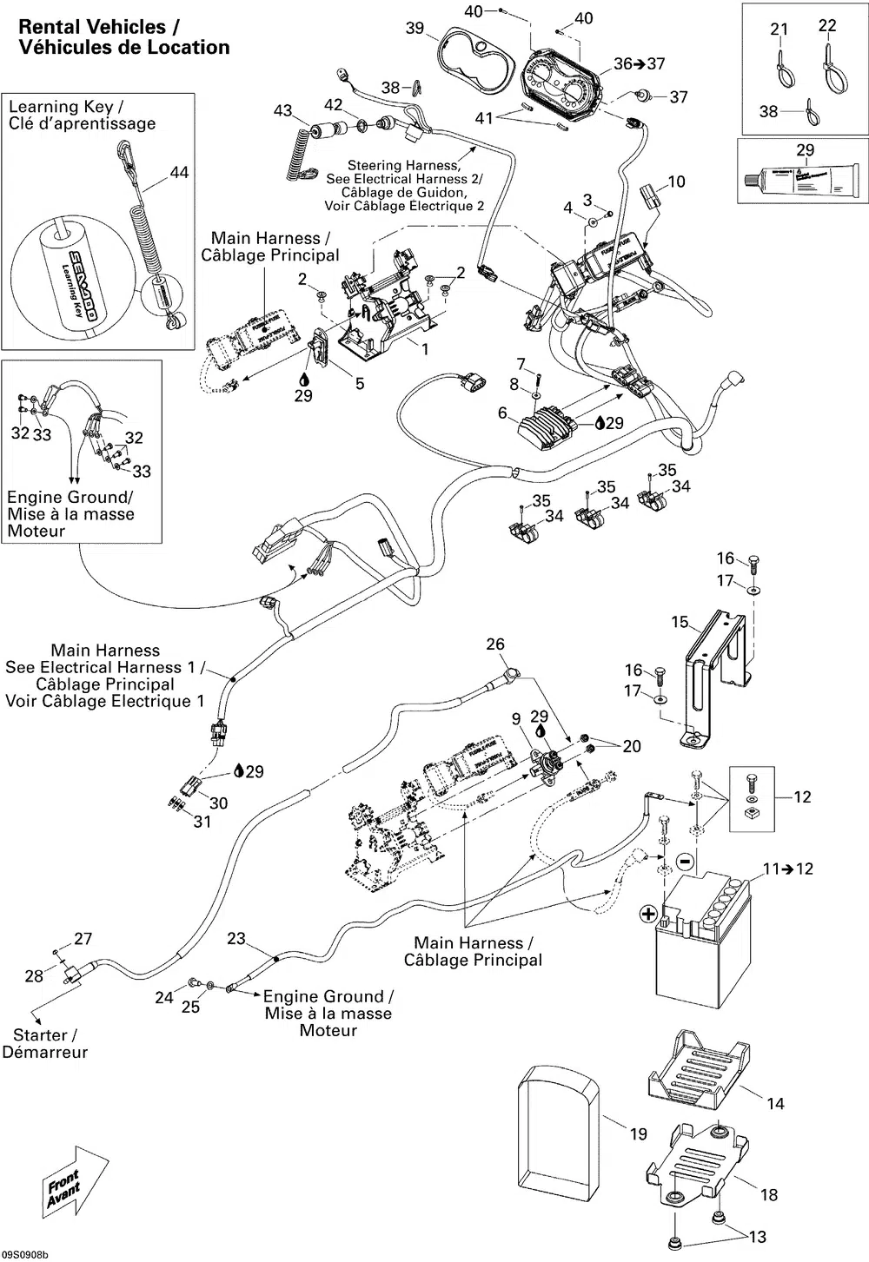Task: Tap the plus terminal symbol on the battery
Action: pyautogui.click(x=647, y=913)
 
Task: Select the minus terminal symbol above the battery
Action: pyautogui.click(x=685, y=862)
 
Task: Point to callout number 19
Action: pyautogui.click(x=639, y=1133)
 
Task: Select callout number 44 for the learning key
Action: pyautogui.click(x=179, y=173)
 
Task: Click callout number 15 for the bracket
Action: pyautogui.click(x=680, y=622)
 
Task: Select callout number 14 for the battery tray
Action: pyautogui.click(x=775, y=1103)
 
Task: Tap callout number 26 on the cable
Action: pyautogui.click(x=495, y=644)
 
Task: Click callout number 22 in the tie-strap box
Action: pyautogui.click(x=827, y=26)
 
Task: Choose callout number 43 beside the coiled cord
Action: pyautogui.click(x=283, y=110)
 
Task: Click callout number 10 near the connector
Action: pyautogui.click(x=676, y=182)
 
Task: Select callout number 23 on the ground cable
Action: pyautogui.click(x=236, y=939)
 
